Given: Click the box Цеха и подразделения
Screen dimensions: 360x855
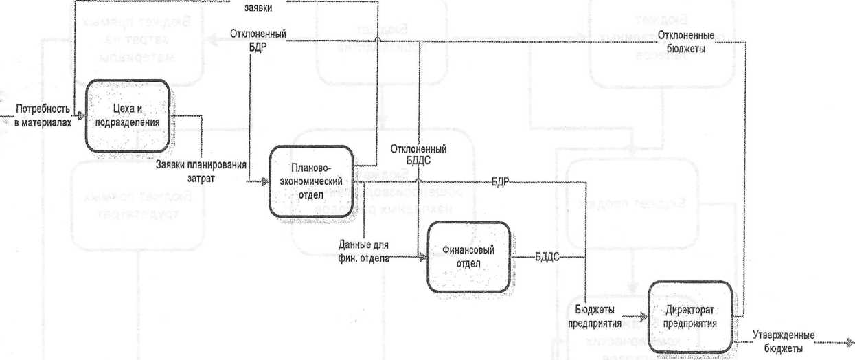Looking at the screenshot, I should tap(127, 117).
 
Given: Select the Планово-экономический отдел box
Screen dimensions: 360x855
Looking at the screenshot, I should tap(311, 181).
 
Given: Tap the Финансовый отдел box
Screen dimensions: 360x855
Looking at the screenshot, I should tap(470, 256).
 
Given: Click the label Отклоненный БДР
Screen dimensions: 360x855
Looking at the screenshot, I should tap(258, 39).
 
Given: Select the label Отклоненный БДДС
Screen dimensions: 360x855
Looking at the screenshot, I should tap(418, 155).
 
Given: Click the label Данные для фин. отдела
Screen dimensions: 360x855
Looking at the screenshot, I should tap(364, 251).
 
